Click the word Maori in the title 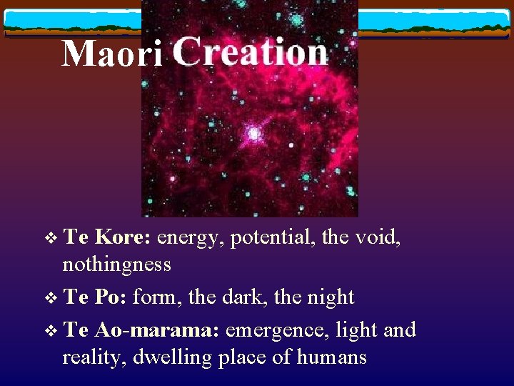pyautogui.click(x=112, y=54)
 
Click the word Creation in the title pyautogui.click(x=250, y=52)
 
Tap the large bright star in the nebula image pyautogui.click(x=253, y=132)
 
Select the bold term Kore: pyautogui.click(x=122, y=237)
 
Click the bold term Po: pyautogui.click(x=111, y=297)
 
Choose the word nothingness pyautogui.click(x=117, y=264)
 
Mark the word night pyautogui.click(x=328, y=297)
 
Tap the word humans pyautogui.click(x=332, y=357)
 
